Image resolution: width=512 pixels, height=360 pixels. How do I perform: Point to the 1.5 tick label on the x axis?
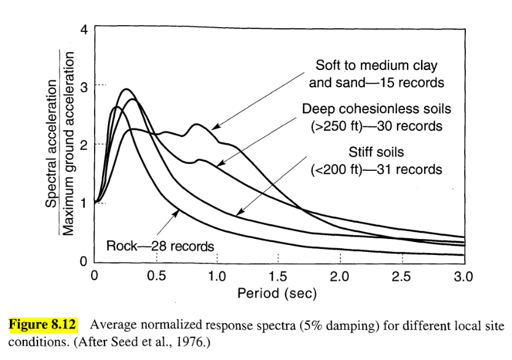click(278, 276)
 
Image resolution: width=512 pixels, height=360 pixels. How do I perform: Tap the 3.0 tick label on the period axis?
click(462, 276)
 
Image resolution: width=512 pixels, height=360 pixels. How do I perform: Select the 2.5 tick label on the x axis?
click(401, 276)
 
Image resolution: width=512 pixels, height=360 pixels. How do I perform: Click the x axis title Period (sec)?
click(277, 294)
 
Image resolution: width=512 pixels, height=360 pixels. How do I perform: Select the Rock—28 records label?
click(160, 246)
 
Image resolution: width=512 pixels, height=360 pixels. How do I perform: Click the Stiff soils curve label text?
click(376, 152)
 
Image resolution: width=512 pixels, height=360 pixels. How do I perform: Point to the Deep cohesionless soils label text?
click(376, 109)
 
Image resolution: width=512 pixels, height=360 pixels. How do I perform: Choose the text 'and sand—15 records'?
click(376, 82)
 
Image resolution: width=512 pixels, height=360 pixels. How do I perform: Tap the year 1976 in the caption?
click(193, 340)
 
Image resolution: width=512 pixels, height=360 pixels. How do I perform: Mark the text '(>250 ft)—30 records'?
click(376, 127)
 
